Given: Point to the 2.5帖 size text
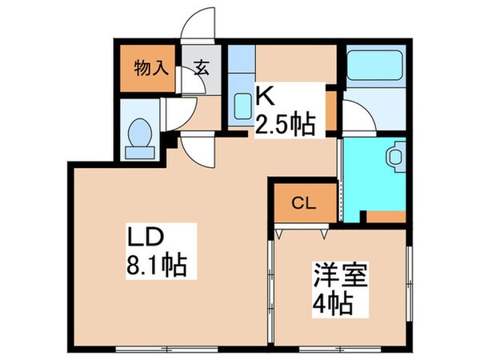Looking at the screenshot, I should pyautogui.click(x=284, y=124).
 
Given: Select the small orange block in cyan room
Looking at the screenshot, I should pyautogui.click(x=384, y=216).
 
